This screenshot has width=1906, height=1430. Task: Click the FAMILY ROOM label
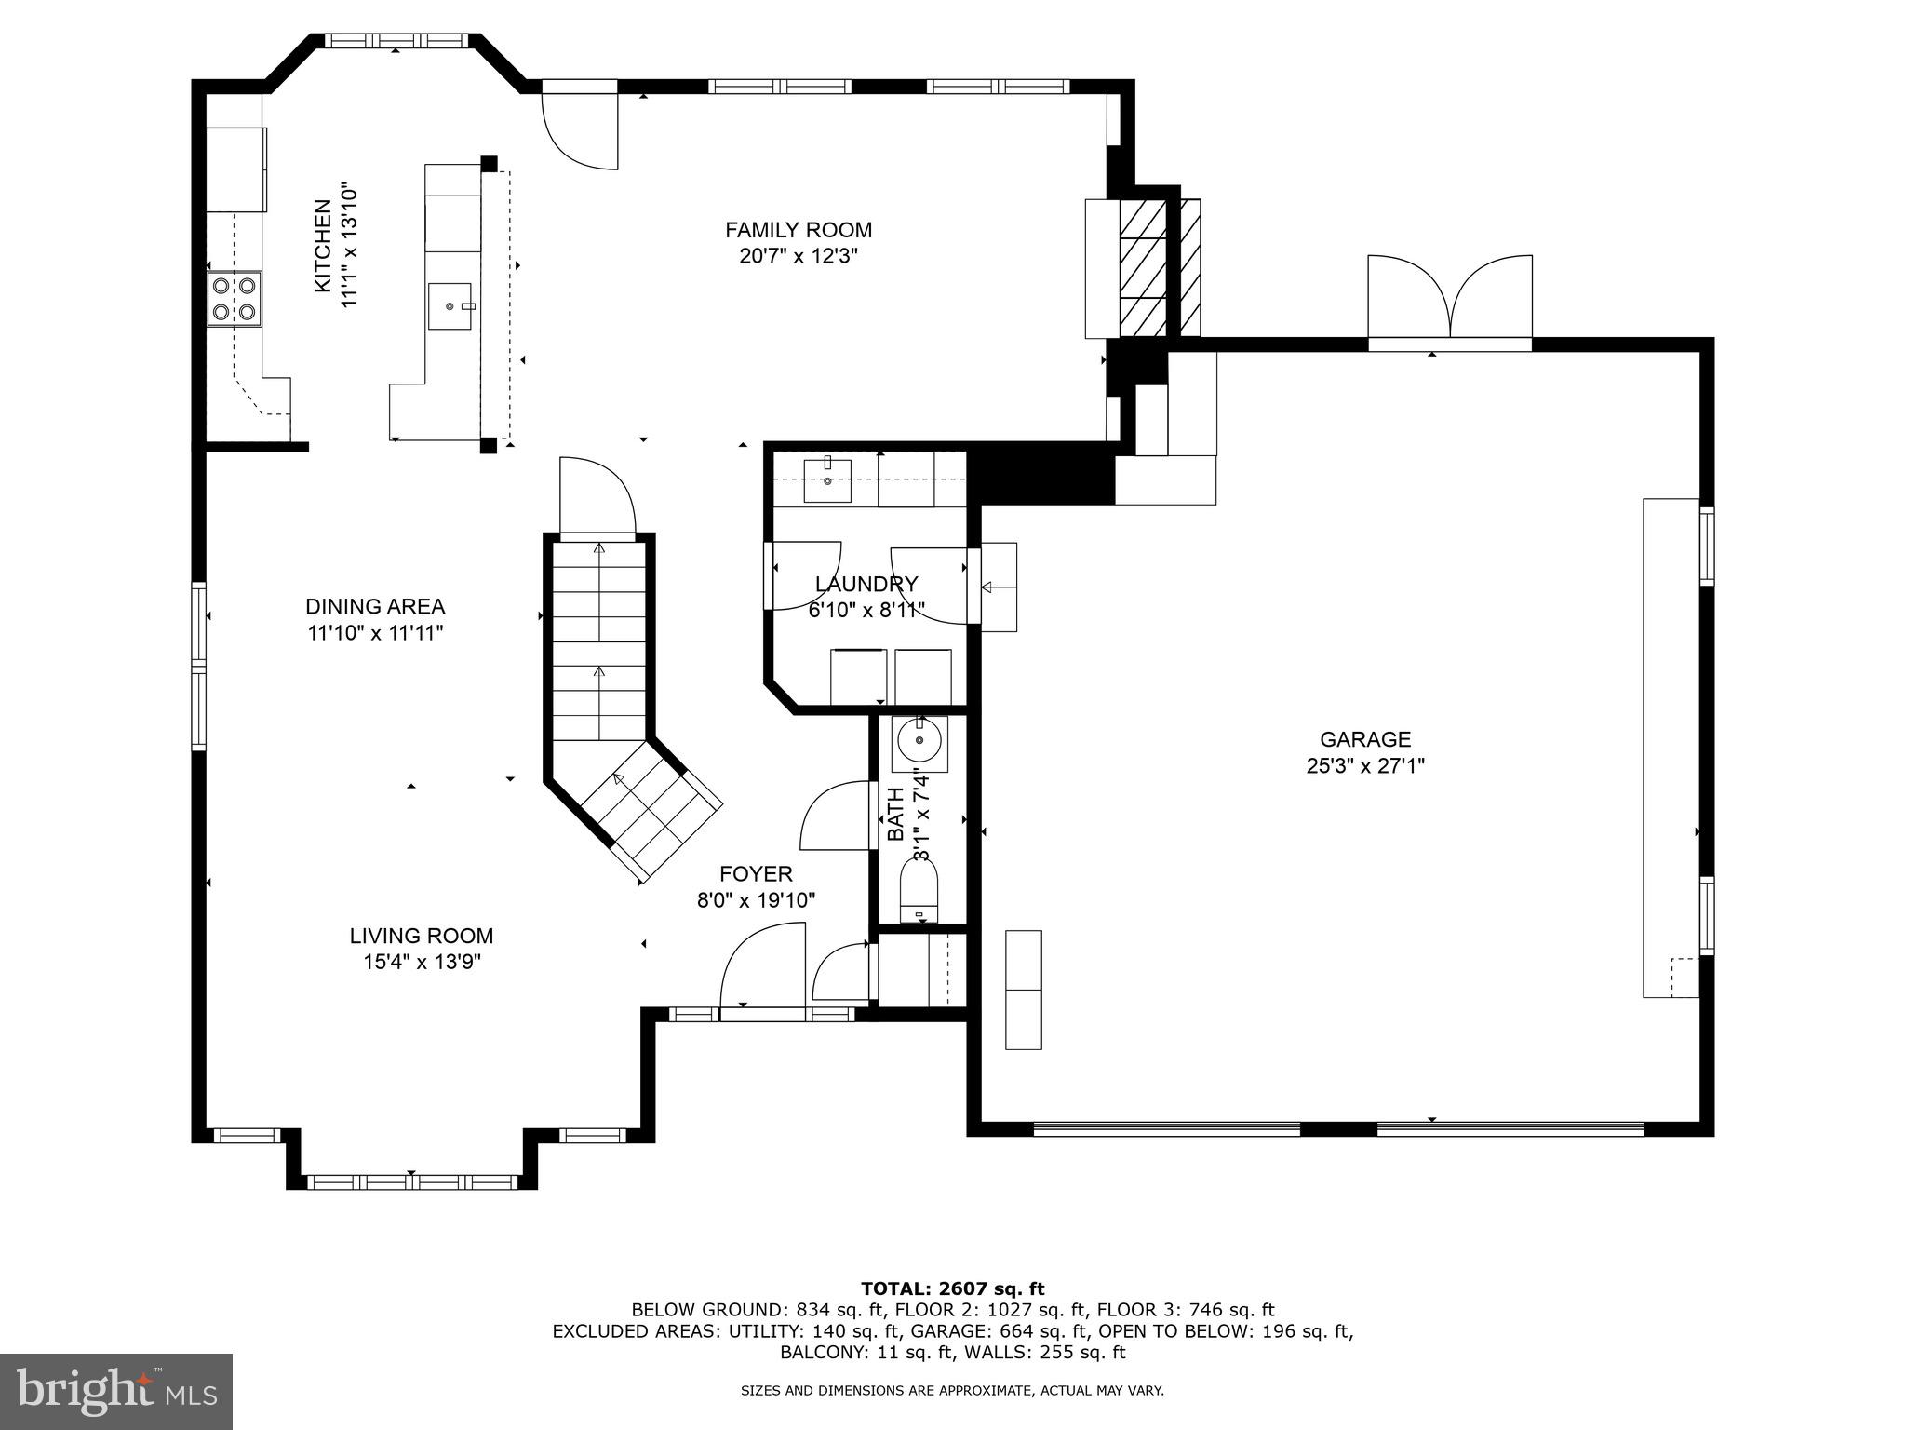coord(799,230)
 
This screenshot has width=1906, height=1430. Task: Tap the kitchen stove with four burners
coord(235,299)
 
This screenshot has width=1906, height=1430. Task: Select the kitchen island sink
coord(450,305)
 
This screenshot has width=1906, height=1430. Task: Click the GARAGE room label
coord(1365,739)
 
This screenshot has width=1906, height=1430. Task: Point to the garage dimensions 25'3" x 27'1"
coord(1365,766)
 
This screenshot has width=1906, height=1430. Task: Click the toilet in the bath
coord(919,891)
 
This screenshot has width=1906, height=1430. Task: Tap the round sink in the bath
coord(919,743)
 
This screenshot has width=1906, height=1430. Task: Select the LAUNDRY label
coord(866,584)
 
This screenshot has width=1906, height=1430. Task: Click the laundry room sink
coord(826,480)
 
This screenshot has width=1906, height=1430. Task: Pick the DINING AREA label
coord(375,607)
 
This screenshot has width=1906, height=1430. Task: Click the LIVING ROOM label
coord(422,936)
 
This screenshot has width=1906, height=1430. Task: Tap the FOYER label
coord(756,874)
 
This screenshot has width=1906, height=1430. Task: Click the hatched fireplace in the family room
coord(1143,268)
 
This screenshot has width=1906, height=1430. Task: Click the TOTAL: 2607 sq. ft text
coord(952,1288)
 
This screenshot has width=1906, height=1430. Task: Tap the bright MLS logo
coord(115,1392)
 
